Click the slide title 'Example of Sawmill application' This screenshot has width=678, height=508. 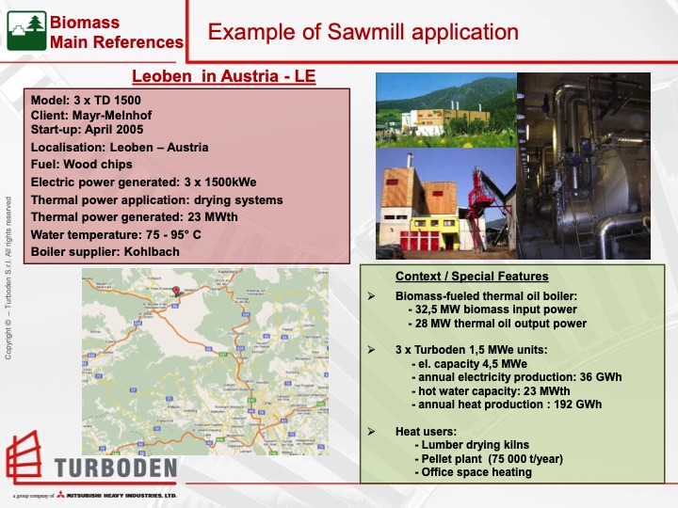363,32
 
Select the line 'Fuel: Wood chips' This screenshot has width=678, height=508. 83,165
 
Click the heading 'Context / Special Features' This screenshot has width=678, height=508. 472,277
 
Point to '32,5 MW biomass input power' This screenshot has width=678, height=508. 492,309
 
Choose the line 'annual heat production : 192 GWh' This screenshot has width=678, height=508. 508,405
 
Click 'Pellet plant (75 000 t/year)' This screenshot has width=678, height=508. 500,458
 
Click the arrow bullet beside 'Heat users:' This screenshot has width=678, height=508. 371,430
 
